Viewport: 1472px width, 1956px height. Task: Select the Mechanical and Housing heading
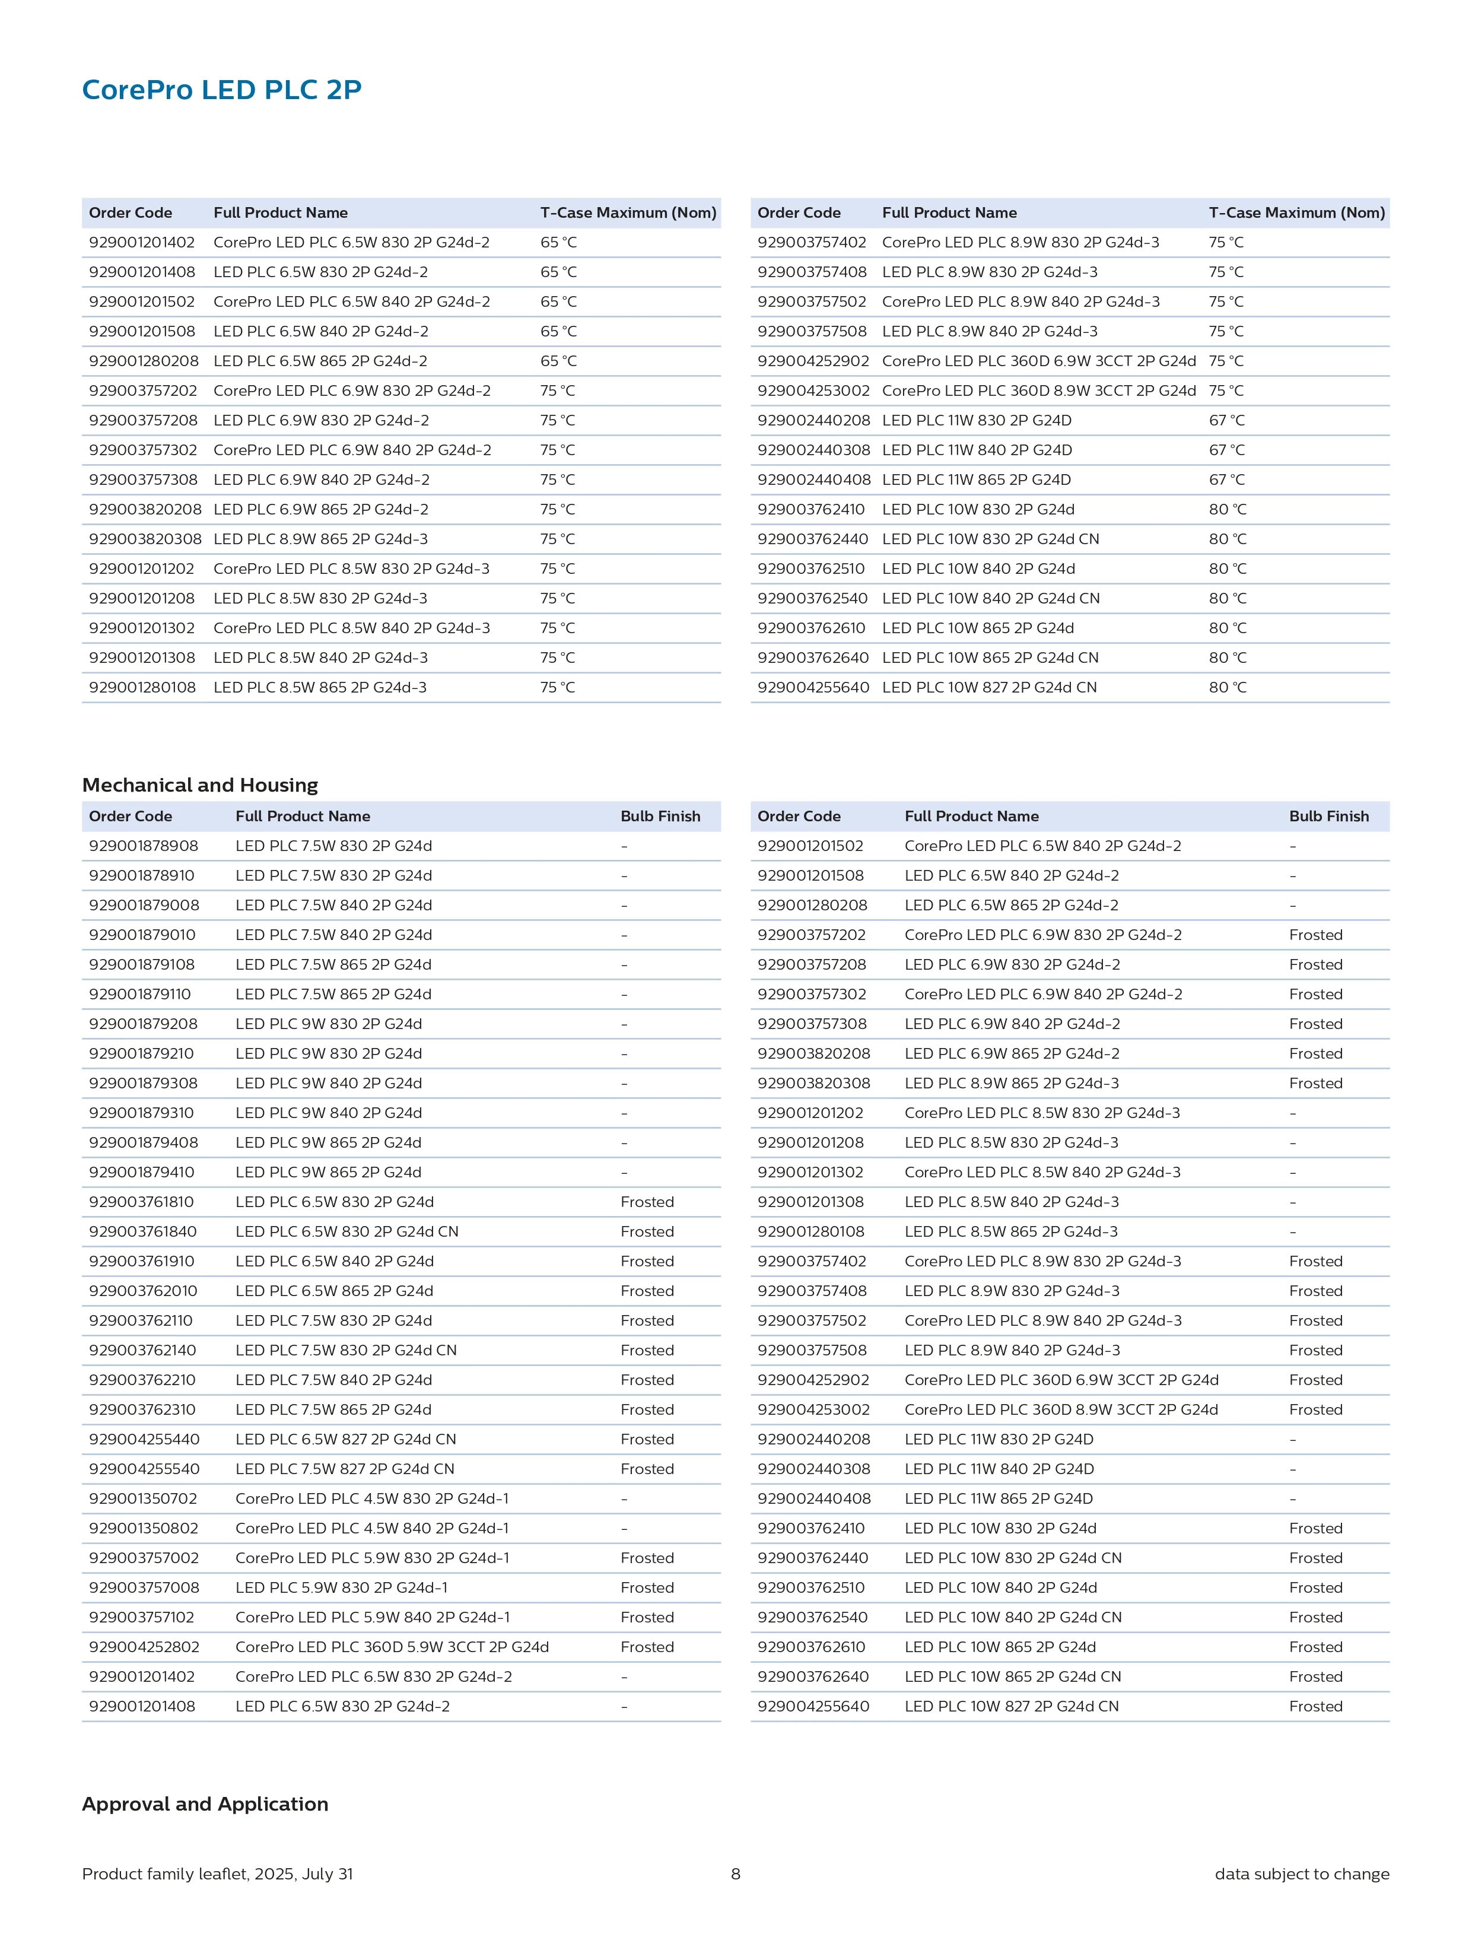(x=200, y=785)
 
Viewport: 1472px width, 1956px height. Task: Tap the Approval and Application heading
(x=205, y=1804)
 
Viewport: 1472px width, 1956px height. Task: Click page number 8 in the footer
(x=736, y=1874)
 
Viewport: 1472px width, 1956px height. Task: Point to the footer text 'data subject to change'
(x=1301, y=1874)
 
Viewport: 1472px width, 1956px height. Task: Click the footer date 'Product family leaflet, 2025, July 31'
(x=218, y=1874)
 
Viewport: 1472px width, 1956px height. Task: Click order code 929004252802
(x=144, y=1646)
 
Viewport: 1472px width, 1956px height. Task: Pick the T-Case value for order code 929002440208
(x=1226, y=421)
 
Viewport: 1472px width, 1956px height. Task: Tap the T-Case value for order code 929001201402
(x=558, y=242)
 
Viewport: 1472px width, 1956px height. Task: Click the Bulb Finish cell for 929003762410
(x=1315, y=1528)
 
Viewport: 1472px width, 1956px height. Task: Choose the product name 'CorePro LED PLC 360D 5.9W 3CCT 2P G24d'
(x=392, y=1646)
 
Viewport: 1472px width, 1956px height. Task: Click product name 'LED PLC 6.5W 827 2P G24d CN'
(x=346, y=1439)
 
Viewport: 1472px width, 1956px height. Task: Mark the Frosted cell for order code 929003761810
(x=647, y=1202)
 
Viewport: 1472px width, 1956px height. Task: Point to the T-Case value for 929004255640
(x=1227, y=687)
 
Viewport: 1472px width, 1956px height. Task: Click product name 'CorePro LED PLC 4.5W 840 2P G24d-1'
(x=372, y=1528)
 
